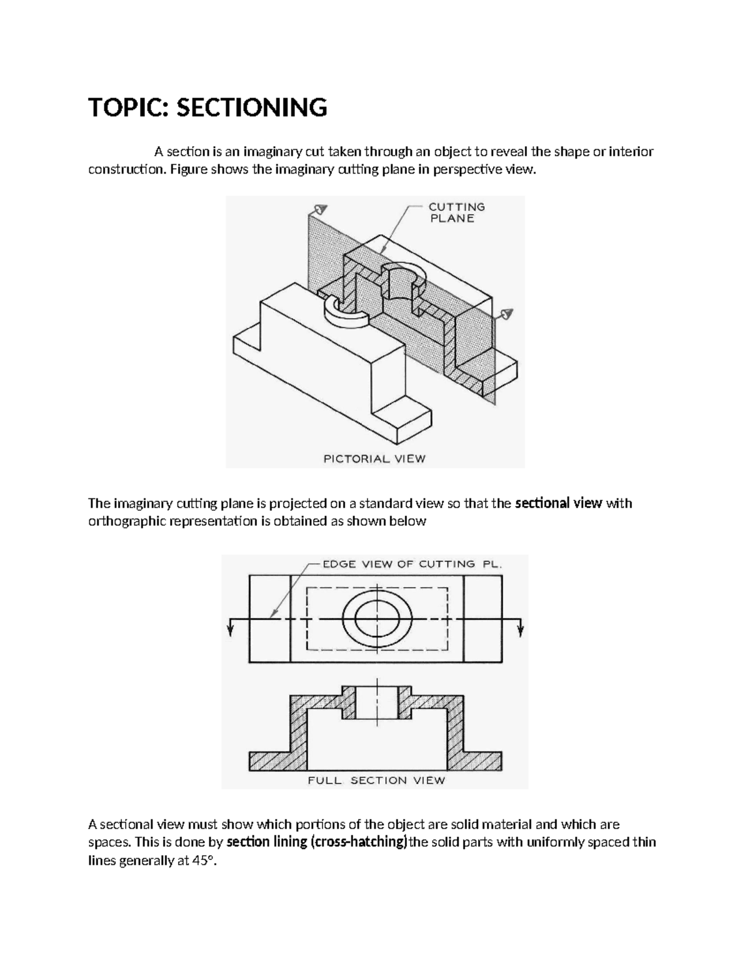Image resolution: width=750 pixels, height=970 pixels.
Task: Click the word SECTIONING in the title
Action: click(251, 107)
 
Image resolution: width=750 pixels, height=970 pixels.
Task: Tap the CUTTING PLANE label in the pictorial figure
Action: click(456, 212)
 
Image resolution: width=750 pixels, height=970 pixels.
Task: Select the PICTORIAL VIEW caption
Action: click(374, 458)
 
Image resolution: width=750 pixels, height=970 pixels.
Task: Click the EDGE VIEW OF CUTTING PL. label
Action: click(412, 564)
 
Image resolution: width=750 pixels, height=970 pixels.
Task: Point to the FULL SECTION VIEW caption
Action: click(376, 780)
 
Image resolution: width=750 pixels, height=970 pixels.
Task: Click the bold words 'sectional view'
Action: click(558, 503)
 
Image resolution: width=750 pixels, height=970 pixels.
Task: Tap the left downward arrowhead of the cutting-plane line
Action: click(231, 631)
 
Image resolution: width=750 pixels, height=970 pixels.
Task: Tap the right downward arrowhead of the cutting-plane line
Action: click(521, 631)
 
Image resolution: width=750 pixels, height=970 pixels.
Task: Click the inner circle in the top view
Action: click(376, 618)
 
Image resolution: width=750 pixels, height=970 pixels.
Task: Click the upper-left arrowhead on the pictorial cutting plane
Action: click(320, 209)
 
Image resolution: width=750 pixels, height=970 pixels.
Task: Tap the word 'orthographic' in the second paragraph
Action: click(127, 522)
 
